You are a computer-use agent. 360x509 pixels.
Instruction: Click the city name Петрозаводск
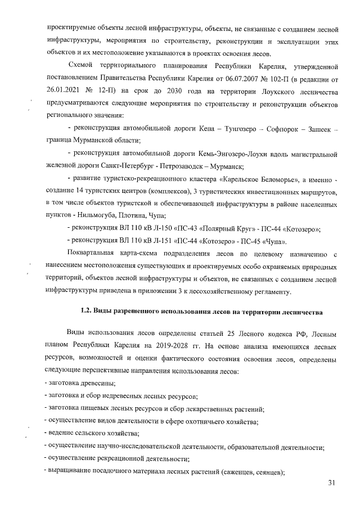pos(209,166)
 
